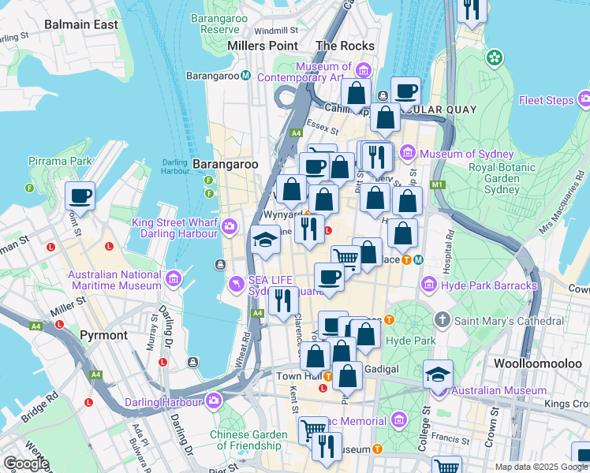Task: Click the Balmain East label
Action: pos(81,24)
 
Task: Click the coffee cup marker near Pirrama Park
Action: pos(80,196)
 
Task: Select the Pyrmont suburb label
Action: pos(103,335)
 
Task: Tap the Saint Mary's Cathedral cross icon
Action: pos(442,320)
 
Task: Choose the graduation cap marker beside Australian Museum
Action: pos(438,374)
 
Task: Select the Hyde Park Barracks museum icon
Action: pos(429,284)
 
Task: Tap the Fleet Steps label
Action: pos(546,100)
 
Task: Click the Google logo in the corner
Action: pos(26,464)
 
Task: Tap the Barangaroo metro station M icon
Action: pos(246,76)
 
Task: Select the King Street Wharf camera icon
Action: pos(230,227)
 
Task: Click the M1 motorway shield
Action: pos(439,185)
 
